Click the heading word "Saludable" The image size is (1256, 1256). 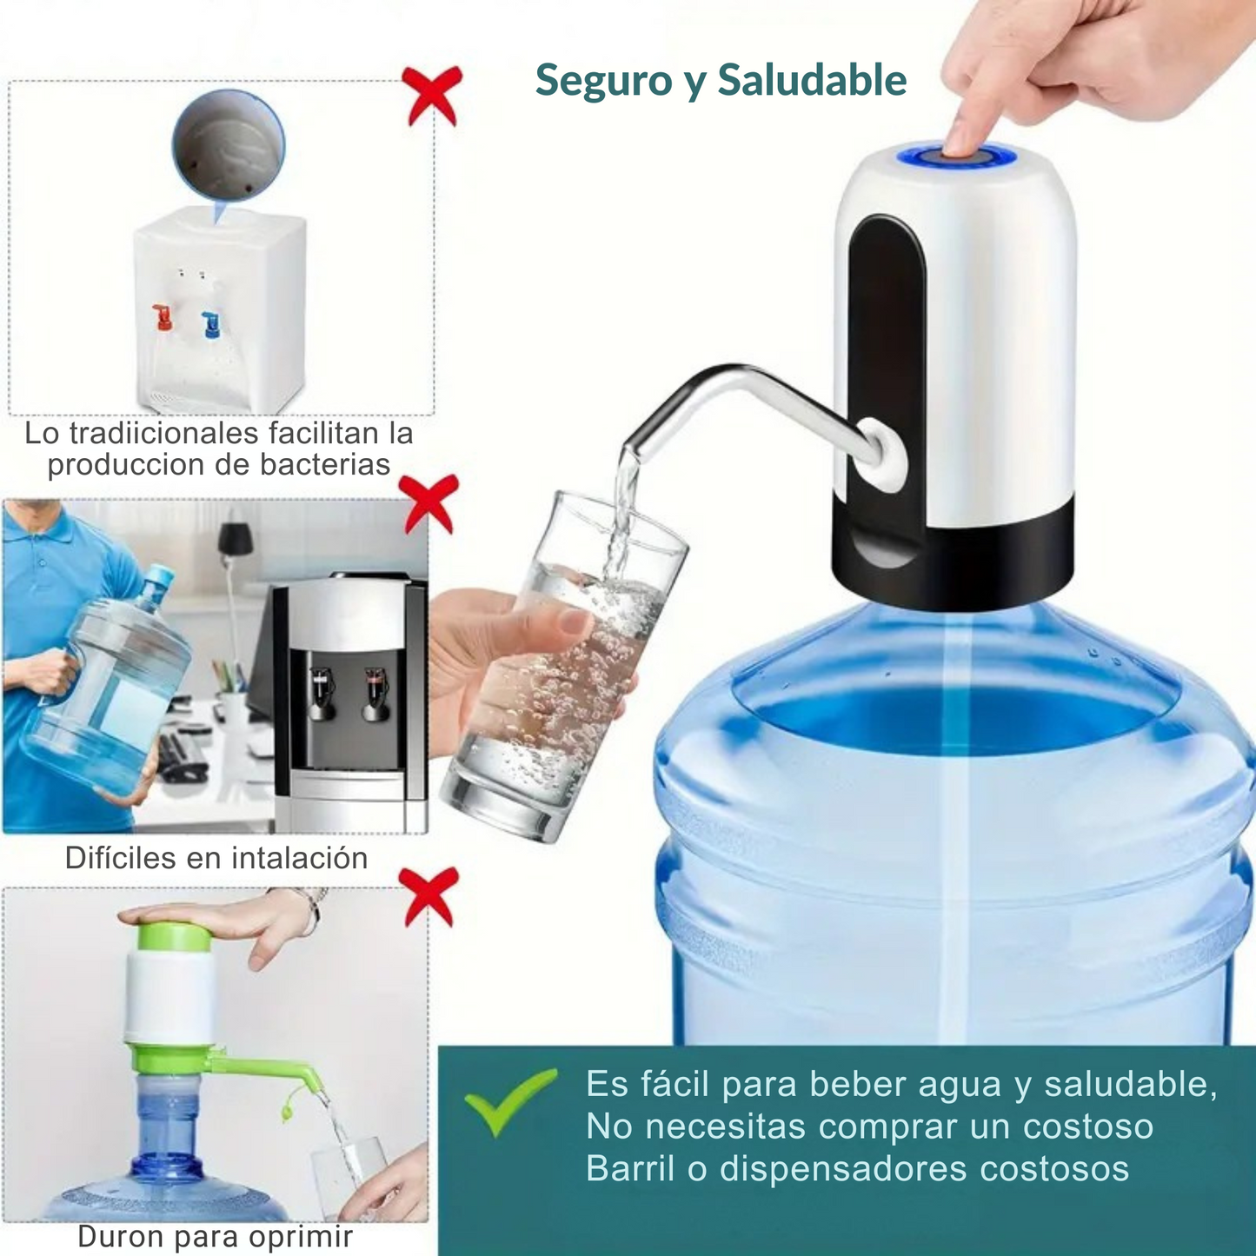click(x=812, y=80)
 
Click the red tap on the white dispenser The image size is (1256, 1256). click(x=163, y=316)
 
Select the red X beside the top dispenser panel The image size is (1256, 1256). click(x=431, y=96)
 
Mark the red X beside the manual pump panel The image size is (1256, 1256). click(x=428, y=895)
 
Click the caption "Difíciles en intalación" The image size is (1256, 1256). click(x=216, y=858)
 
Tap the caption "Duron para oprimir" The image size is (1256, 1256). click(x=215, y=1236)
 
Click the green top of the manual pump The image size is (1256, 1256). click(x=173, y=937)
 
